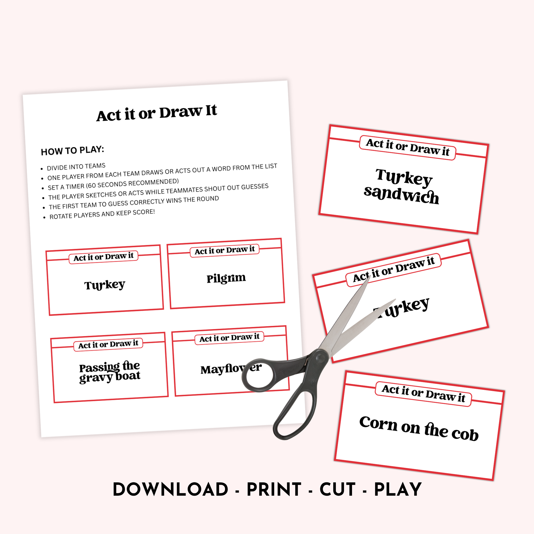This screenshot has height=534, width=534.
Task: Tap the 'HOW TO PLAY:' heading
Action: click(x=72, y=151)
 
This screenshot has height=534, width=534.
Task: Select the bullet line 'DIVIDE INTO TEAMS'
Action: click(x=76, y=167)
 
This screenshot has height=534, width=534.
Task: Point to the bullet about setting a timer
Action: click(x=113, y=185)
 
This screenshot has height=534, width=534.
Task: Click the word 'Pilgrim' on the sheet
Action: click(x=226, y=278)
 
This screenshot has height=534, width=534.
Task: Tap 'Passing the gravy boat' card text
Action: click(x=110, y=372)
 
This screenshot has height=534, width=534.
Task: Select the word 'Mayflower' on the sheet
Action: click(x=231, y=369)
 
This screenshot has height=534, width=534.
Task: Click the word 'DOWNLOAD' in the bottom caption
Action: click(x=171, y=489)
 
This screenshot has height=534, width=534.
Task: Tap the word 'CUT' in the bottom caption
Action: click(x=337, y=489)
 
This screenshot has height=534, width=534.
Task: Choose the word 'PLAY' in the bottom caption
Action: click(x=398, y=489)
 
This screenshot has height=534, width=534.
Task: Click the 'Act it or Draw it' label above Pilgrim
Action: click(x=224, y=250)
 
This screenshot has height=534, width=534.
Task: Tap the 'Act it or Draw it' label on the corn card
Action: click(x=423, y=393)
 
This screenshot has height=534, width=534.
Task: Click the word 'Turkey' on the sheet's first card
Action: click(x=105, y=285)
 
